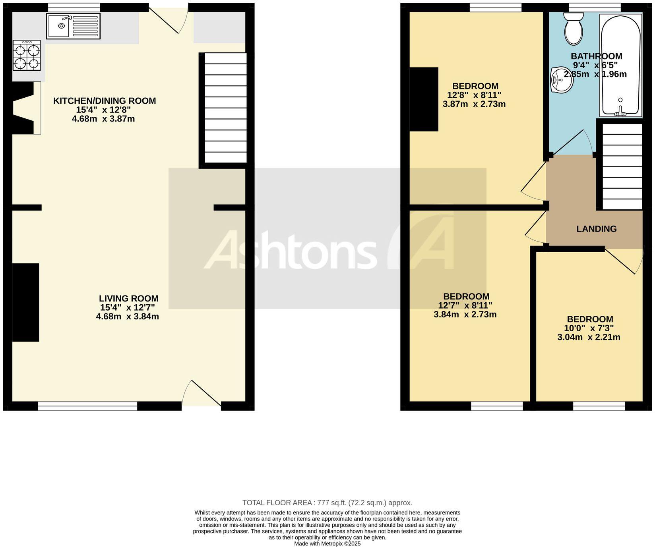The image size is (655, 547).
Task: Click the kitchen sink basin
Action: [x=58, y=26]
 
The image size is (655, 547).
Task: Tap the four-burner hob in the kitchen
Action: [x=27, y=56]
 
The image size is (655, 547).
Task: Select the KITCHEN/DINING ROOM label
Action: [x=105, y=101]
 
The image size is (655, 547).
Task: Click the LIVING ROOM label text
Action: [x=128, y=298]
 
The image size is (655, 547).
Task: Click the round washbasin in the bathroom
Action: [x=561, y=80]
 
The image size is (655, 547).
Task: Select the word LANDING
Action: [x=596, y=229]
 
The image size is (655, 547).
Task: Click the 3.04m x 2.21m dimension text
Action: [x=589, y=338]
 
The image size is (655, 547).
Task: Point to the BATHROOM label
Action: [x=596, y=56]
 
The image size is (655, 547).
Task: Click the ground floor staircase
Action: [x=225, y=108]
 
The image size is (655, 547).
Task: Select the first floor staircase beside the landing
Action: [x=622, y=166]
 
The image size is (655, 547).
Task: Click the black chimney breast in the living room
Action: [x=26, y=302]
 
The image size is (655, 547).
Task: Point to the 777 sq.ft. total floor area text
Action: [x=327, y=503]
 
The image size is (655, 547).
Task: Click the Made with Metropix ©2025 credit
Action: [x=327, y=543]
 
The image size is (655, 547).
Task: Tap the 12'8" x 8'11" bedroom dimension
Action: [x=474, y=95]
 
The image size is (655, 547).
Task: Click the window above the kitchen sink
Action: [x=74, y=7]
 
